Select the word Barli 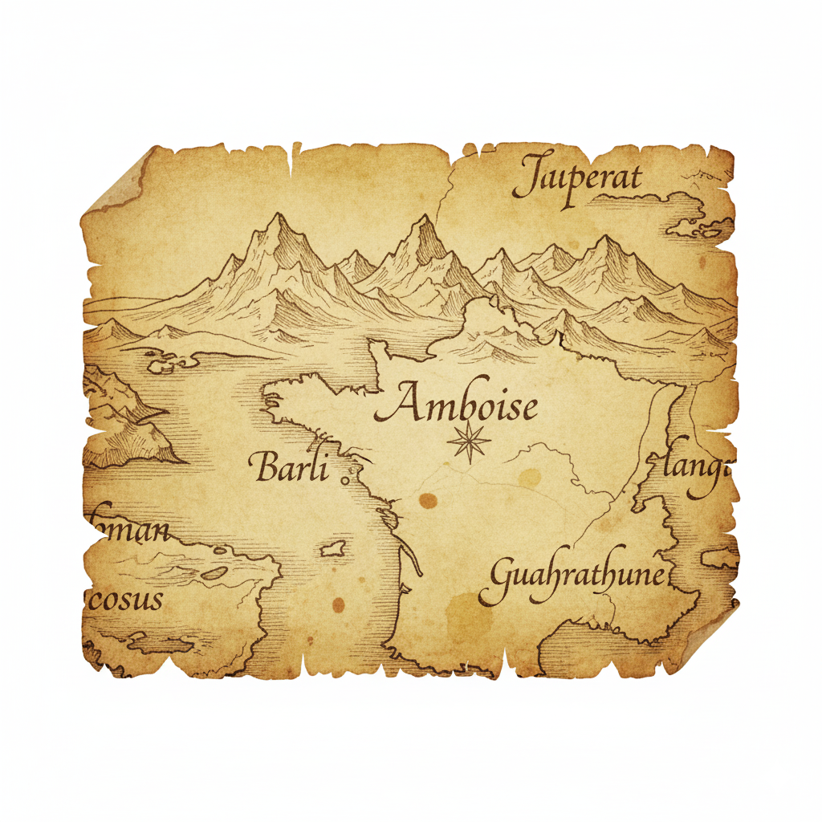point(291,467)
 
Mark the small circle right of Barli point(345,479)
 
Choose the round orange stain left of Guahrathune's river point(428,502)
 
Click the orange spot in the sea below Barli point(338,604)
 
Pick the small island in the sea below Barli point(332,549)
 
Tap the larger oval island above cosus point(214,572)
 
